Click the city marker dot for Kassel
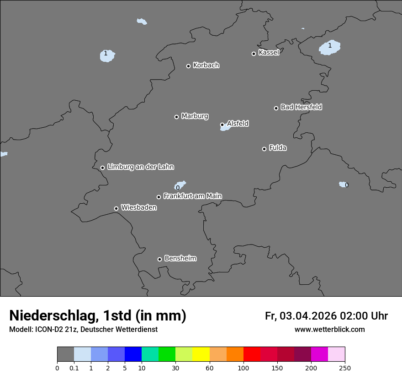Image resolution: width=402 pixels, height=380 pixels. tap(254, 54)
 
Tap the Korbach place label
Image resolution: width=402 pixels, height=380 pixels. tap(206, 65)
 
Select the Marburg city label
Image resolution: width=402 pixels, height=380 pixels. tap(195, 116)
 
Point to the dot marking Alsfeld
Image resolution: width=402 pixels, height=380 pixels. tap(222, 125)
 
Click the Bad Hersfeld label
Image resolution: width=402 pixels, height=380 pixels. tap(301, 107)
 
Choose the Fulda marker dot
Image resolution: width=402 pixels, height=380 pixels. tap(264, 149)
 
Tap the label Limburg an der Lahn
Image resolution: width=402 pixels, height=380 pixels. tap(141, 167)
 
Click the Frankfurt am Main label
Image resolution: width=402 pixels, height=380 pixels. tap(192, 196)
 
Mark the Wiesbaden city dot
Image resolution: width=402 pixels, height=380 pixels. tap(116, 208)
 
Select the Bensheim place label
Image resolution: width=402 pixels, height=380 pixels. tap(180, 259)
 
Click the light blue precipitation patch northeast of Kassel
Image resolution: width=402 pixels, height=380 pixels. tap(330, 48)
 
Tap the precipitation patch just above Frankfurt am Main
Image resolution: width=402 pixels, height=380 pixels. tap(180, 185)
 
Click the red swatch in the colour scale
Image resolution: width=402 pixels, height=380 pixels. tap(252, 354)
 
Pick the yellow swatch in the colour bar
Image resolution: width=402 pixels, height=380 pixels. tap(201, 354)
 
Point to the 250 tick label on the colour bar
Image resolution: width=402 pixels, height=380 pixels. tap(345, 368)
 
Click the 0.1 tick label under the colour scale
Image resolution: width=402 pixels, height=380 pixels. tap(74, 368)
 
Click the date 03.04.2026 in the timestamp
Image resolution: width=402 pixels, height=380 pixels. tap(308, 316)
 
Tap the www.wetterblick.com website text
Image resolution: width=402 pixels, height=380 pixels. tap(329, 329)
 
